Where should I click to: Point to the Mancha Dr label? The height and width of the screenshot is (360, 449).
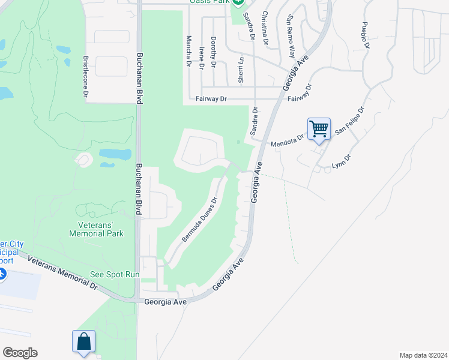click(x=188, y=47)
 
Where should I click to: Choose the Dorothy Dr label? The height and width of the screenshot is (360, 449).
click(x=214, y=49)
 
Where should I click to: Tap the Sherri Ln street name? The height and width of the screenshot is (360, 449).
click(x=241, y=70)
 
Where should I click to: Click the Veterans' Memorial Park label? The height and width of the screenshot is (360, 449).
click(x=101, y=229)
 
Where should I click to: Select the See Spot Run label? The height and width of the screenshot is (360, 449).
click(x=115, y=274)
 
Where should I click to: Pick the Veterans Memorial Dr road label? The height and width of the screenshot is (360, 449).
click(x=62, y=271)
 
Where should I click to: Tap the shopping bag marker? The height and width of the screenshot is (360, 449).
click(x=83, y=341)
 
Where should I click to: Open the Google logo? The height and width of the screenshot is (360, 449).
click(x=20, y=353)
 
